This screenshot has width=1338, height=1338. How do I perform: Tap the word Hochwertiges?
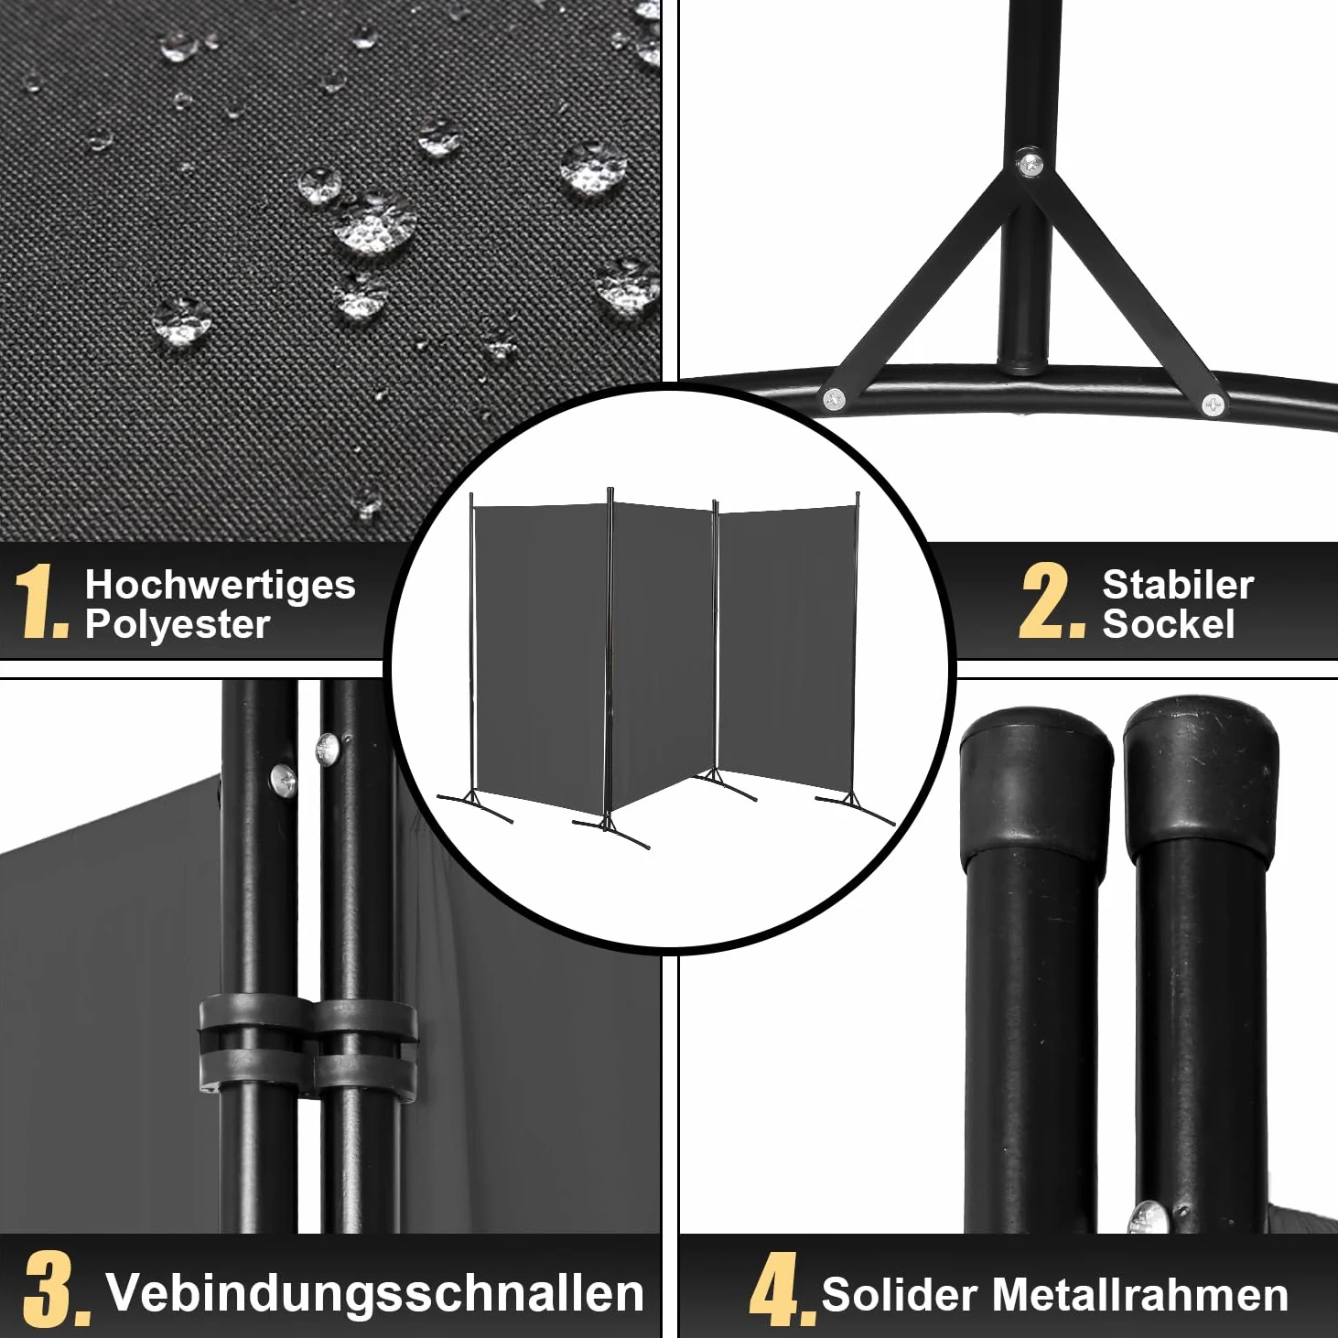(x=221, y=586)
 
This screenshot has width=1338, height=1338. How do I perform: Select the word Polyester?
(x=177, y=624)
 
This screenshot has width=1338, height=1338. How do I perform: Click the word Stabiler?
(x=1179, y=585)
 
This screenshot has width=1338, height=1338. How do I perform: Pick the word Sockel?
(x=1169, y=623)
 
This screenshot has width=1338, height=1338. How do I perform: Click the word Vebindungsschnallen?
(x=375, y=1292)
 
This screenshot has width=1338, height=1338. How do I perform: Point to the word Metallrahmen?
(x=1139, y=1293)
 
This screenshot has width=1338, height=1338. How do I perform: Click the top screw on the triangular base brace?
(x=1030, y=165)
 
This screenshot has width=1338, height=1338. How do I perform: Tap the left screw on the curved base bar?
(x=834, y=398)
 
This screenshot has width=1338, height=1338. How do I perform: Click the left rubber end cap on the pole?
(x=1036, y=790)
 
